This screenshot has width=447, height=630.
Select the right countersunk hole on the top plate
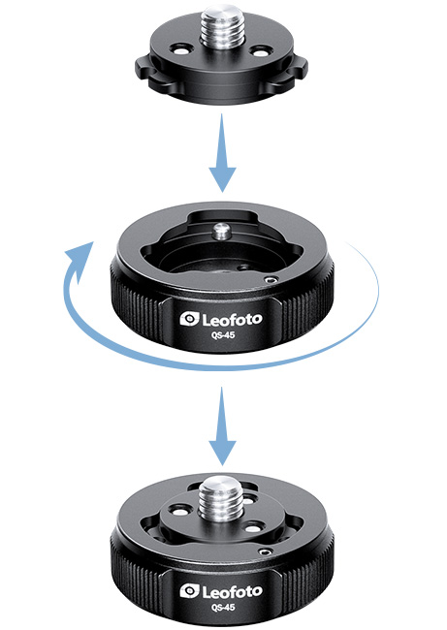[259, 51]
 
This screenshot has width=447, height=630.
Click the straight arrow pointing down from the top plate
[222, 153]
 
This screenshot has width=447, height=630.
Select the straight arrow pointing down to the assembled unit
[222, 426]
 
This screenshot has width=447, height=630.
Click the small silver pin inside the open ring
[221, 232]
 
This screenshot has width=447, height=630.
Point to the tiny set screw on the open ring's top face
[271, 280]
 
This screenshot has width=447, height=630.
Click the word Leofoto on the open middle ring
[232, 320]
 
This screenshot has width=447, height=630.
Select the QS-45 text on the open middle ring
[223, 334]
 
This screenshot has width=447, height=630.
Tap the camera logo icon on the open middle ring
[190, 319]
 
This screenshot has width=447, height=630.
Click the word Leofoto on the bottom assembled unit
[232, 592]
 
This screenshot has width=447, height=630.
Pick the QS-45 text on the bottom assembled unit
[223, 607]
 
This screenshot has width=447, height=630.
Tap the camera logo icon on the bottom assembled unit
[190, 591]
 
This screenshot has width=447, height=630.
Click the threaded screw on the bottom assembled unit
[219, 498]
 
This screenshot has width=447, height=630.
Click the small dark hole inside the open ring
[242, 267]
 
